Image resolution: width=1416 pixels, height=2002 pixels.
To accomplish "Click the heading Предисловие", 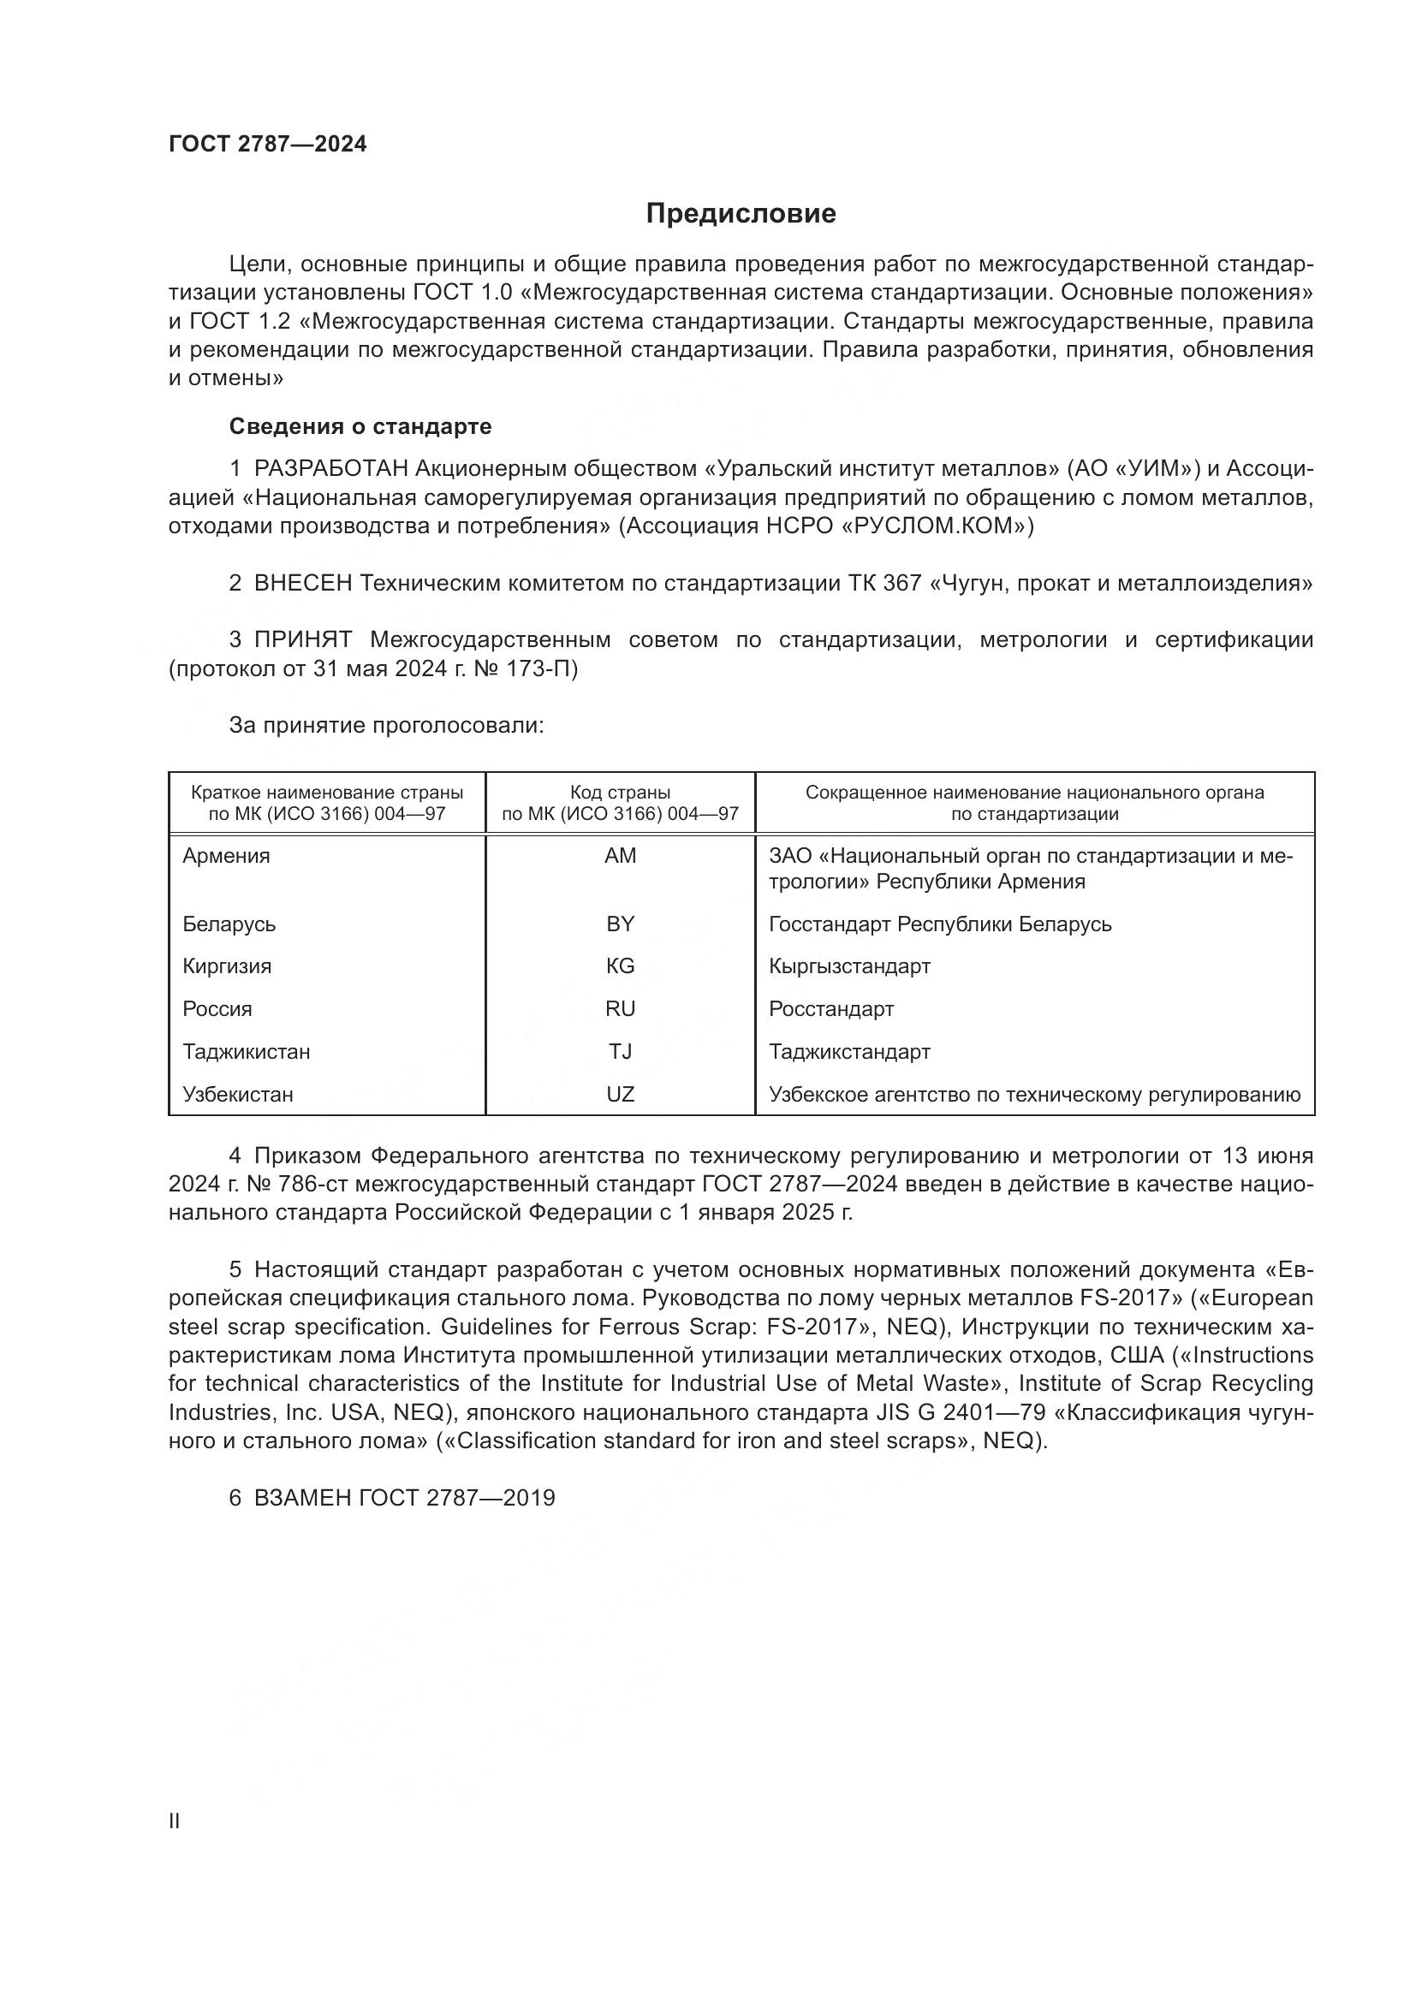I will pyautogui.click(x=741, y=214).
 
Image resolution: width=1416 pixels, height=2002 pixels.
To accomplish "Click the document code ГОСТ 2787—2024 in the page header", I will pyautogui.click(x=268, y=145).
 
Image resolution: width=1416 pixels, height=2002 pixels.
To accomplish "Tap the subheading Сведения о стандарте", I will pyautogui.click(x=360, y=426).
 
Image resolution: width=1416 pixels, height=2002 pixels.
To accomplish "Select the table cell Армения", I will pyautogui.click(x=227, y=856).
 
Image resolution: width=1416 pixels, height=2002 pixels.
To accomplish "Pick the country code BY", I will pyautogui.click(x=620, y=924).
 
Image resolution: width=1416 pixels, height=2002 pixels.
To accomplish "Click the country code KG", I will pyautogui.click(x=620, y=966).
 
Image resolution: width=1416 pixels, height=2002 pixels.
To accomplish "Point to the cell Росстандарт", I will pyautogui.click(x=831, y=1009).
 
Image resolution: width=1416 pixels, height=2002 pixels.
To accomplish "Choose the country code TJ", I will pyautogui.click(x=620, y=1052).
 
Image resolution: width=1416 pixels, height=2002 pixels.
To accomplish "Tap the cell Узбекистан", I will pyautogui.click(x=238, y=1095).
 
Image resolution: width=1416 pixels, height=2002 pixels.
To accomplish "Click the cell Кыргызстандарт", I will pyautogui.click(x=849, y=966).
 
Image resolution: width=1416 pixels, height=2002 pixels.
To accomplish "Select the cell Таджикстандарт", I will pyautogui.click(x=849, y=1052).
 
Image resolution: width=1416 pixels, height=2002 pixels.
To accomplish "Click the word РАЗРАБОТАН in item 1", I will pyautogui.click(x=331, y=469).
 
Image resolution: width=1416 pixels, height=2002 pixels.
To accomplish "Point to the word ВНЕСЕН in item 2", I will pyautogui.click(x=302, y=584).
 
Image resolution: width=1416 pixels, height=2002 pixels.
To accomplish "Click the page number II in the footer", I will pyautogui.click(x=175, y=1821).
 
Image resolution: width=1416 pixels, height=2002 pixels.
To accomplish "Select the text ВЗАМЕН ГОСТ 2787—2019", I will pyautogui.click(x=405, y=1498).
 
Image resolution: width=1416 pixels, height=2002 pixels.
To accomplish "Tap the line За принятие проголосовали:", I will pyautogui.click(x=386, y=726).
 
